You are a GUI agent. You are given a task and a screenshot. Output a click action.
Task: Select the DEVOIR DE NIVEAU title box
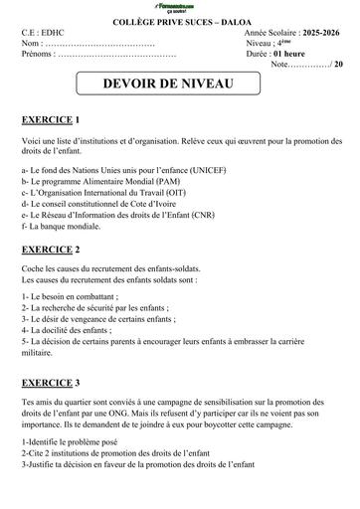[178, 85]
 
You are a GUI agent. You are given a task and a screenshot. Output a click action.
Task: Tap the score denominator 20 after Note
[338, 64]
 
